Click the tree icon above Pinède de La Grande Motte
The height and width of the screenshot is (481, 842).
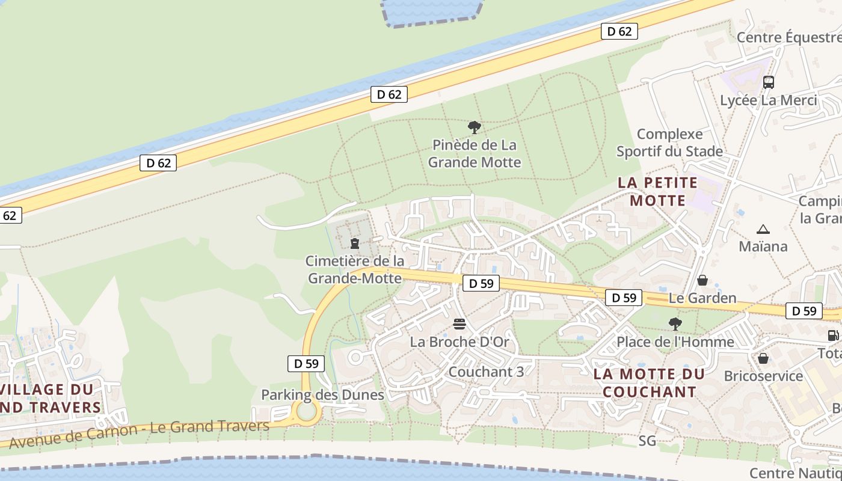(475, 127)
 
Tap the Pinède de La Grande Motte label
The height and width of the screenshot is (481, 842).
(475, 153)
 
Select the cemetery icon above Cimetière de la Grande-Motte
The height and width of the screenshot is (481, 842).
(355, 244)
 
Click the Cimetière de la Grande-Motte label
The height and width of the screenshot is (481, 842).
(355, 269)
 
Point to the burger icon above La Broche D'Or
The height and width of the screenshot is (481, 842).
(459, 325)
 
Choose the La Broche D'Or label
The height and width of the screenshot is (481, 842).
(459, 342)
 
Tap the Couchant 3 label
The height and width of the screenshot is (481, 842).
(486, 372)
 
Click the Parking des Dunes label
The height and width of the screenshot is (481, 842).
(322, 395)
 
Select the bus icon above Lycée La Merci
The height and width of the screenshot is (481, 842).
(769, 82)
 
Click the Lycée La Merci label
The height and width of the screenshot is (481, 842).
(769, 100)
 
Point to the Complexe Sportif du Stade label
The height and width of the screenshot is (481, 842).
(669, 142)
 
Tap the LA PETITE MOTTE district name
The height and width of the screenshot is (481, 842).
(658, 191)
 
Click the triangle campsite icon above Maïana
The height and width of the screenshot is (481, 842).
(763, 229)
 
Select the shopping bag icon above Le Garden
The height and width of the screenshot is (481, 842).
(702, 280)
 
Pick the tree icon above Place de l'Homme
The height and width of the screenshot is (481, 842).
(675, 324)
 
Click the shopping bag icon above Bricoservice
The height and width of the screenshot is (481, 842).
(763, 358)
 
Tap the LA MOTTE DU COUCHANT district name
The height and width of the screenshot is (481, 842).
(649, 383)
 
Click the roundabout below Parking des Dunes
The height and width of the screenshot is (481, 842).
(307, 412)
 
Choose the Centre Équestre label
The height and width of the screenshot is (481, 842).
(788, 37)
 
